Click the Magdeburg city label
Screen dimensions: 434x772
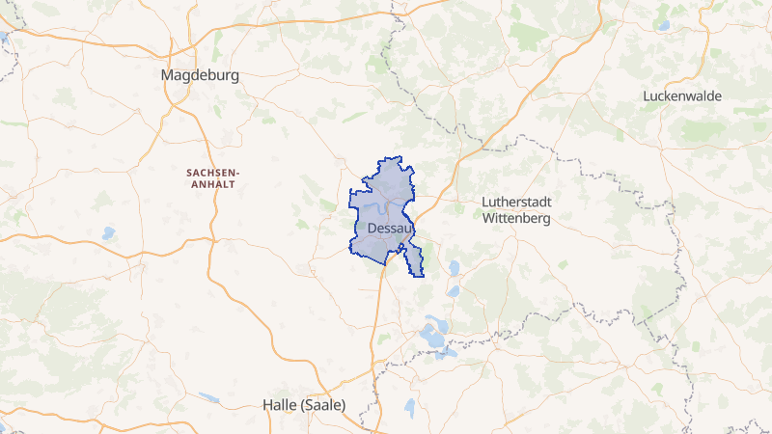pyautogui.click(x=201, y=74)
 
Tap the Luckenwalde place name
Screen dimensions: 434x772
pyautogui.click(x=681, y=96)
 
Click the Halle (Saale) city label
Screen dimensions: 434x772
pyautogui.click(x=304, y=405)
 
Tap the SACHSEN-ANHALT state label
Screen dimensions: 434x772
pyautogui.click(x=213, y=177)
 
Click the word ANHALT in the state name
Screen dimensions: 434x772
pyautogui.click(x=213, y=183)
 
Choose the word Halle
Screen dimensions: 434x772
pyautogui.click(x=281, y=405)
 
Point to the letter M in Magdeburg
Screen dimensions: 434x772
pyautogui.click(x=169, y=74)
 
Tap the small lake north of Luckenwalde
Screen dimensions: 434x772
pyautogui.click(x=664, y=26)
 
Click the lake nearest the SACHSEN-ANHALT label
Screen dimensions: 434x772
pyautogui.click(x=108, y=232)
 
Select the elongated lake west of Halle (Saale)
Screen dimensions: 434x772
pyautogui.click(x=208, y=397)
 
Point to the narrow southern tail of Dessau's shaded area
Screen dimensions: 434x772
pyautogui.click(x=414, y=260)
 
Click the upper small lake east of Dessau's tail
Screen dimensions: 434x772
pyautogui.click(x=454, y=267)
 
